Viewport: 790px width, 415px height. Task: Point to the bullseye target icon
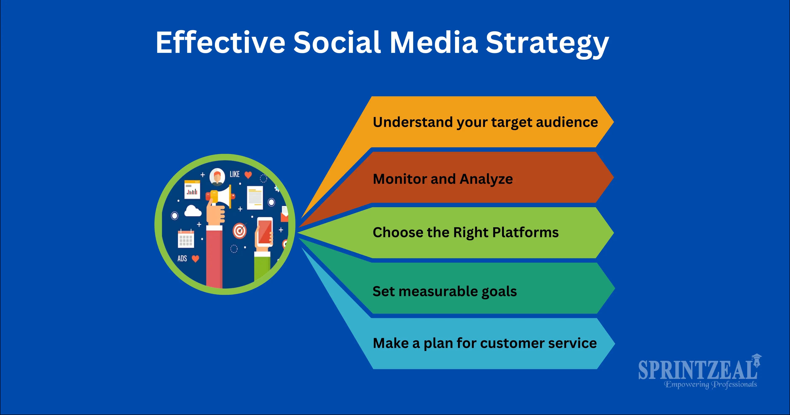coord(240,231)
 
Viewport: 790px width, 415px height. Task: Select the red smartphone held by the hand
coord(264,232)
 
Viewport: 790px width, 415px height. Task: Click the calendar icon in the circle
coord(186,239)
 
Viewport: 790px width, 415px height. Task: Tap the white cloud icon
coord(193,211)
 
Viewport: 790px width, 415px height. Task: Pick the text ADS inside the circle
coord(182,259)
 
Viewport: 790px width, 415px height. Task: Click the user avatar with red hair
coord(217,177)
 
